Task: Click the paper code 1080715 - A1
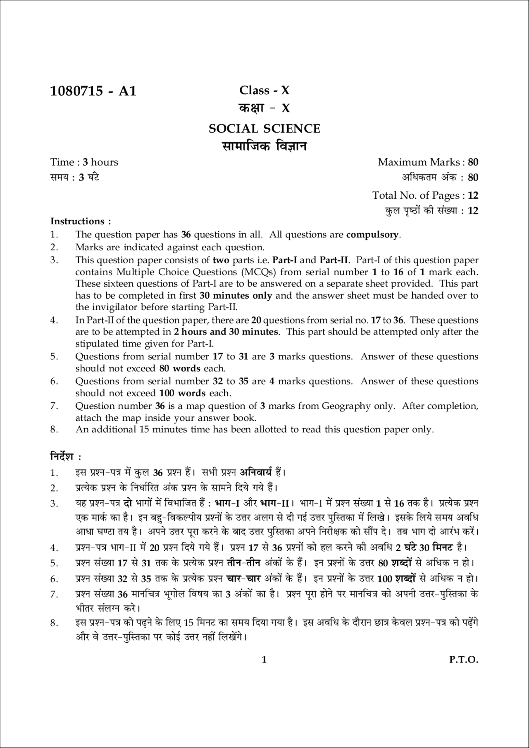coord(93,91)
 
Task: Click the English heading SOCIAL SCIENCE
coord(264,128)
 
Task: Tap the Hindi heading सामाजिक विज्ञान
coord(264,146)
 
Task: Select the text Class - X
coord(264,90)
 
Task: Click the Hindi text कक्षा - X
coord(264,108)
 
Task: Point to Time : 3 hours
coord(84,162)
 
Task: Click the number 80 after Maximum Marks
coord(473,162)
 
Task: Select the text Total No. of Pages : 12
coord(425,195)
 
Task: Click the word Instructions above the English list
coord(78,221)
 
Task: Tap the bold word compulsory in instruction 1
coord(372,235)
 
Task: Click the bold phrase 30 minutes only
coord(236,295)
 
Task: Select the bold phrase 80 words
coord(179,368)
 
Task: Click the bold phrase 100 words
coord(182,393)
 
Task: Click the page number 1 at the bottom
coord(264,660)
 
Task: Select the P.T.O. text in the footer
coord(464,660)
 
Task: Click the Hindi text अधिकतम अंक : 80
coord(440,178)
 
